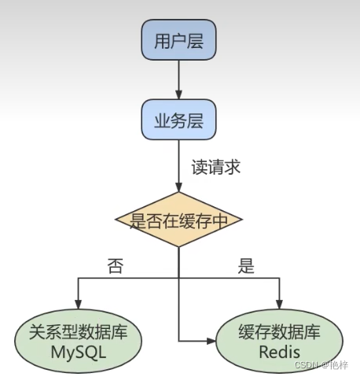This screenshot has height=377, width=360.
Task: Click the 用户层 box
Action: click(x=179, y=40)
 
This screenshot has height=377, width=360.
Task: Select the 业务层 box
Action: click(x=179, y=120)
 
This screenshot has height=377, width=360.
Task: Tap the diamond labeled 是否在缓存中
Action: click(x=178, y=220)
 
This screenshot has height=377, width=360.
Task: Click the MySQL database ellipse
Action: click(x=78, y=342)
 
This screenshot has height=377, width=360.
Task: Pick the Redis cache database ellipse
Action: click(x=279, y=342)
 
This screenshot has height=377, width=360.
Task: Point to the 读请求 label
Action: click(x=216, y=167)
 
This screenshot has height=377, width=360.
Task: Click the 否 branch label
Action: click(x=116, y=266)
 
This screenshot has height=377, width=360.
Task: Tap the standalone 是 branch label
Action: click(x=246, y=266)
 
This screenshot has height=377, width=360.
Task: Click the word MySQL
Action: click(x=79, y=352)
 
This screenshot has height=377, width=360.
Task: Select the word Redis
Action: click(x=279, y=352)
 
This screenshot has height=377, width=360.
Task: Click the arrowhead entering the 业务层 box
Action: click(x=179, y=95)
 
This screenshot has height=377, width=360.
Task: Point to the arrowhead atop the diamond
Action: click(x=179, y=187)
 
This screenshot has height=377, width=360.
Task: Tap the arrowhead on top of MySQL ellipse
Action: click(x=79, y=305)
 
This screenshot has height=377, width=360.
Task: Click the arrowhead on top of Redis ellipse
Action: click(x=280, y=305)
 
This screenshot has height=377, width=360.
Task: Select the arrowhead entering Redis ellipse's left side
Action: click(x=211, y=341)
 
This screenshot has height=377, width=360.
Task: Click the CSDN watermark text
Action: click(x=321, y=365)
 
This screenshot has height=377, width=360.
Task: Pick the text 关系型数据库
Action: click(x=78, y=331)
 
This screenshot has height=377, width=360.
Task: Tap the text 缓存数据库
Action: click(x=279, y=331)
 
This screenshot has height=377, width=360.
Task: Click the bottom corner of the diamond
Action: click(x=178, y=247)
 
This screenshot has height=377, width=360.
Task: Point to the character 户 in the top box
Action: click(x=179, y=40)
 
